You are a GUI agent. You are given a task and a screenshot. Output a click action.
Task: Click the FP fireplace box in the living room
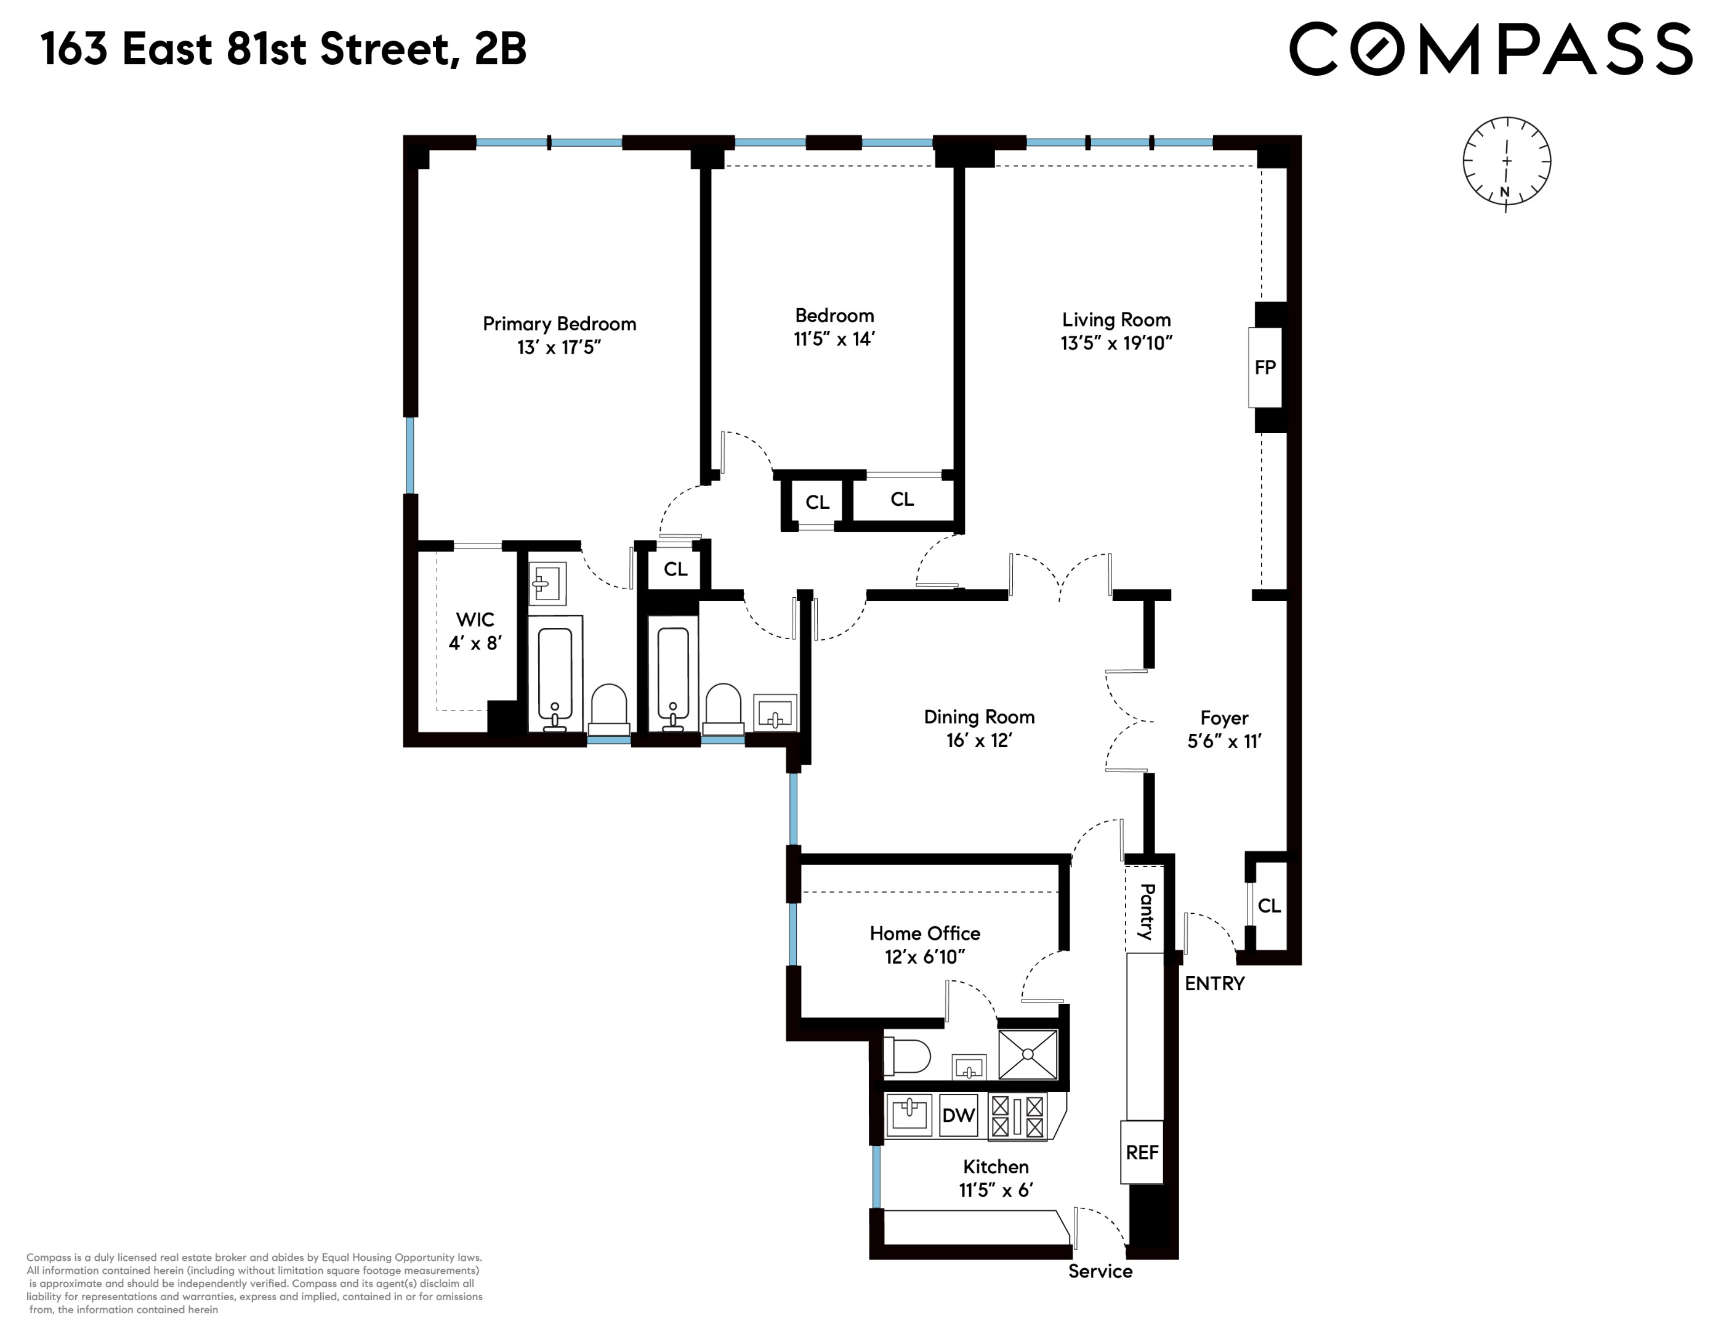click(1264, 367)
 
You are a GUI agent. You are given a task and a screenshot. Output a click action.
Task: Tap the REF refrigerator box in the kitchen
click(1142, 1152)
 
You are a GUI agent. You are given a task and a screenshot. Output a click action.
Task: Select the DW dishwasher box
click(958, 1115)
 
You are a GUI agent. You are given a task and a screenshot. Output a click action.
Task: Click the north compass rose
click(1507, 163)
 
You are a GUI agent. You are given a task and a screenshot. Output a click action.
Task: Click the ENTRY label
click(1214, 983)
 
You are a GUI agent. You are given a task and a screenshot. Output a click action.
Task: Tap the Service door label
click(1100, 1271)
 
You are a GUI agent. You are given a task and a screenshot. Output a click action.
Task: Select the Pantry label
click(1147, 911)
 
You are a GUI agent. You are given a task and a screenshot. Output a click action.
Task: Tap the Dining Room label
click(978, 717)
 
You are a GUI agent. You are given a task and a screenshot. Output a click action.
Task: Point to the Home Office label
click(924, 934)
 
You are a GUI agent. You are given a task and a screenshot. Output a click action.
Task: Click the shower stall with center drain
click(1028, 1054)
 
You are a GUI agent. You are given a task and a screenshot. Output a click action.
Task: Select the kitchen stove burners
click(1017, 1117)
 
